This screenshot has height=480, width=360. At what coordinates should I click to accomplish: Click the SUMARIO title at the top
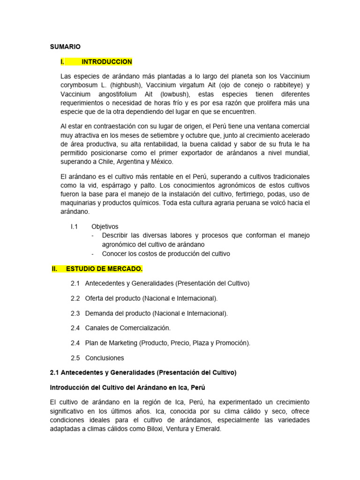[x=65, y=46]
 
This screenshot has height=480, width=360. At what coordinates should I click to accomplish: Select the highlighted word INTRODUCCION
[x=107, y=62]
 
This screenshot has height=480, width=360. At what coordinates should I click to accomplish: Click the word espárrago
[x=106, y=185]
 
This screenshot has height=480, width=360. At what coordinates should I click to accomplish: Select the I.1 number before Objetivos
[x=74, y=226]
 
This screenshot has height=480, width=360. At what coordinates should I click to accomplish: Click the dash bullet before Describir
[x=93, y=235]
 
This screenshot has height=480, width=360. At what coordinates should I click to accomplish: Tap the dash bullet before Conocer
[x=93, y=254]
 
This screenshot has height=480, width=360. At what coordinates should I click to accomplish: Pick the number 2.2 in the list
[x=75, y=298]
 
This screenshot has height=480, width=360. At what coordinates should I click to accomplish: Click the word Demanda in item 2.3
[x=100, y=313]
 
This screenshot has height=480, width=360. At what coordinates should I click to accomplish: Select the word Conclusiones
[x=105, y=358]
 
